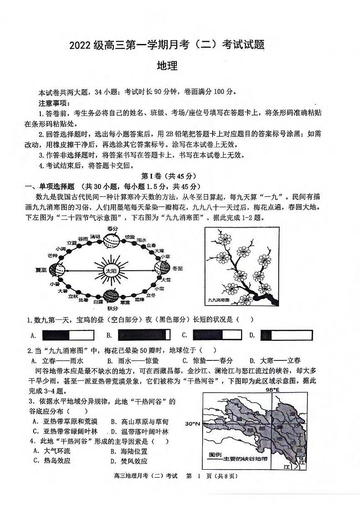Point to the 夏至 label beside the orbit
pyautogui.click(x=41, y=270)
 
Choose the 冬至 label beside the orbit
pyautogui.click(x=177, y=268)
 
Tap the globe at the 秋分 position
pyautogui.click(x=112, y=296)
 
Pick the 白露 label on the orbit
pyautogui.click(x=97, y=301)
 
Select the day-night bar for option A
pyautogui.click(x=68, y=335)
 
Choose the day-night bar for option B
pyautogui.click(x=144, y=335)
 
